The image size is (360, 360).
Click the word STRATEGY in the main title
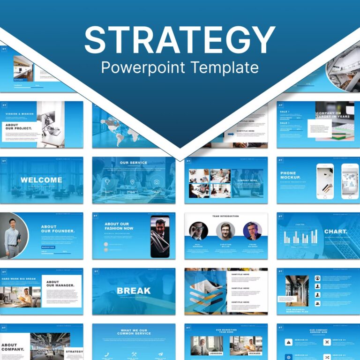(180, 40)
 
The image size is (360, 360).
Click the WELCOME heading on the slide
(41, 180)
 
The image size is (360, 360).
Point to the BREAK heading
(134, 291)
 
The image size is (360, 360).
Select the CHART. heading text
(336, 232)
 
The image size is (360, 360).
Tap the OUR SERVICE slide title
(134, 163)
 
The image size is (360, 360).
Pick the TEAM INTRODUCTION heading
(225, 216)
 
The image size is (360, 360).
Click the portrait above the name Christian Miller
(225, 231)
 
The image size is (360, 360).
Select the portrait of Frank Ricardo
(252, 231)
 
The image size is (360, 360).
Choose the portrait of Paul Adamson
(198, 231)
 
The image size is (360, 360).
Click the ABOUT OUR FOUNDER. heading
(58, 229)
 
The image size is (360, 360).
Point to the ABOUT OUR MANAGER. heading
(59, 284)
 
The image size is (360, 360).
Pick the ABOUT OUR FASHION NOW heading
(119, 226)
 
